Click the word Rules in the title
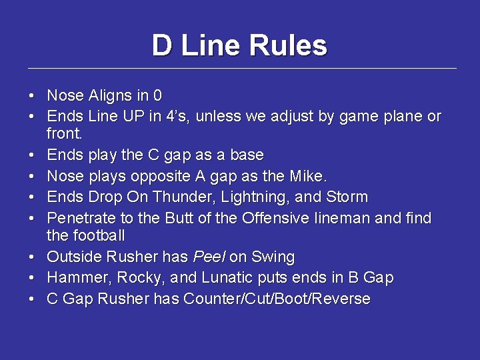(x=288, y=45)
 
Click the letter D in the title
(x=162, y=45)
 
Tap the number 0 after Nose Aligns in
(x=157, y=95)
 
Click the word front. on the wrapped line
(x=65, y=134)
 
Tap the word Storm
(x=347, y=197)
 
